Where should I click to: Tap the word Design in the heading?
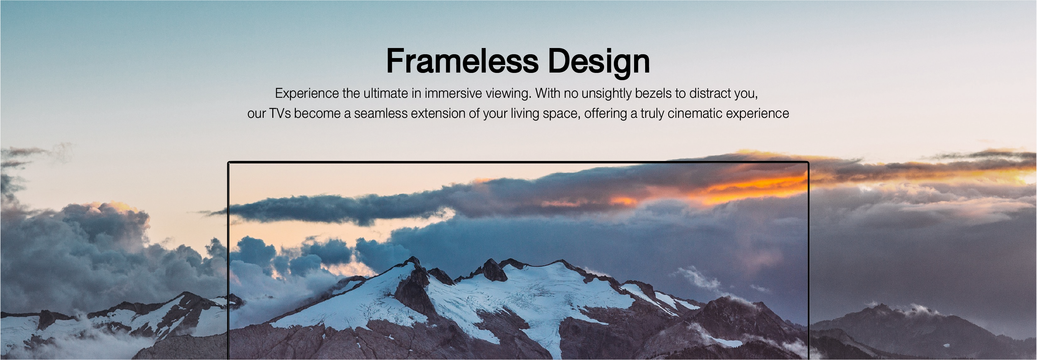(598, 61)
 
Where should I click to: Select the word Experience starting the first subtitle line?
(307, 93)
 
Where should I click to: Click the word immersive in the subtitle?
(453, 93)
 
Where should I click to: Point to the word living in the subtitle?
(525, 114)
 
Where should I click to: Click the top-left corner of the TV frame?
(229, 163)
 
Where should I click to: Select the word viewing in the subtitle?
(508, 93)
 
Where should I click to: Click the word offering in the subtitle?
(605, 114)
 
